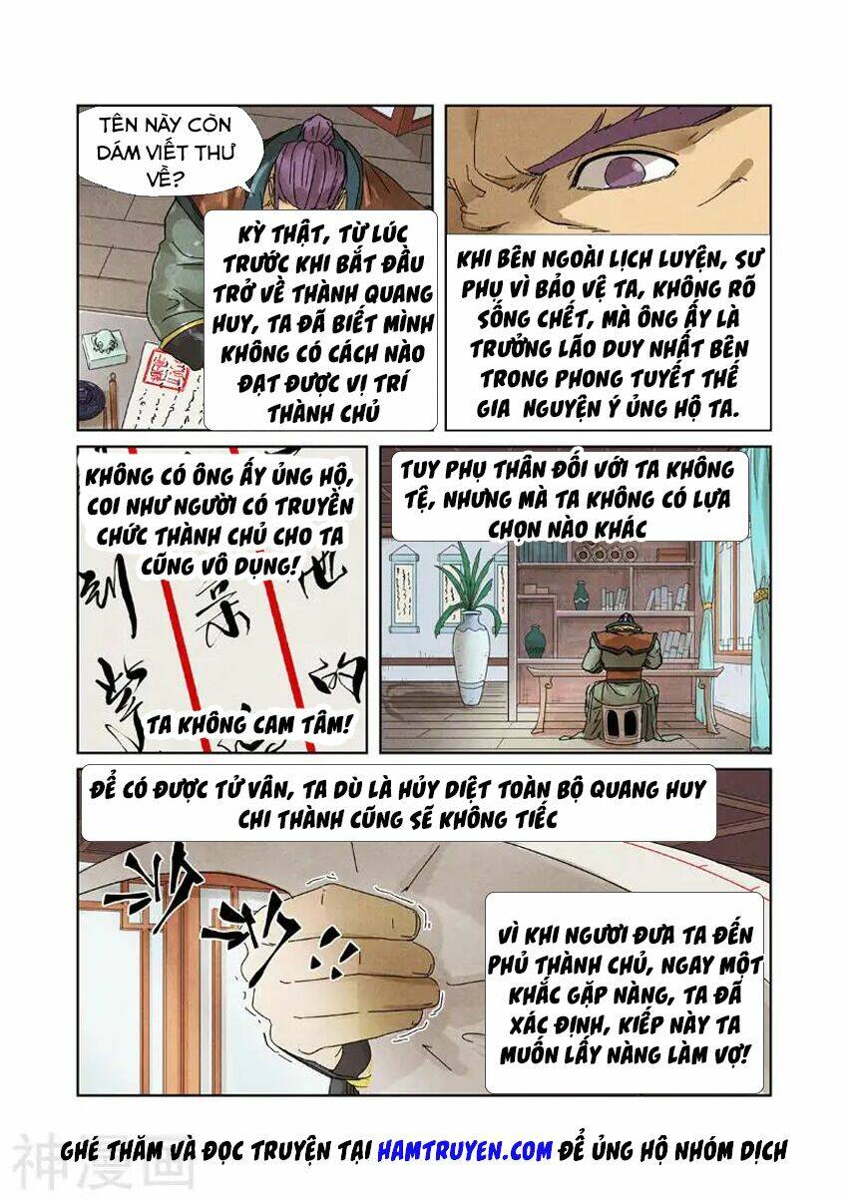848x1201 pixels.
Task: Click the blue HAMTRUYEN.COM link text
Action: pos(464,1150)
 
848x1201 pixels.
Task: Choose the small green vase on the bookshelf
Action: pos(582,596)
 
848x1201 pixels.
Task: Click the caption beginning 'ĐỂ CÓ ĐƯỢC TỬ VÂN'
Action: pos(397,803)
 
